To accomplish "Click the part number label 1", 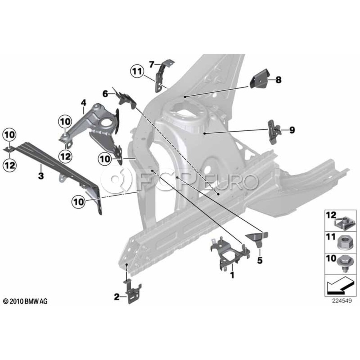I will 231,275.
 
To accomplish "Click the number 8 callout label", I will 278,80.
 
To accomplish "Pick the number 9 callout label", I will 292,130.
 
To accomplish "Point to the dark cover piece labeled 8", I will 260,79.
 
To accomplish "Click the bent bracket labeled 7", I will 162,74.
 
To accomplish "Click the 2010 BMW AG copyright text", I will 25,301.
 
